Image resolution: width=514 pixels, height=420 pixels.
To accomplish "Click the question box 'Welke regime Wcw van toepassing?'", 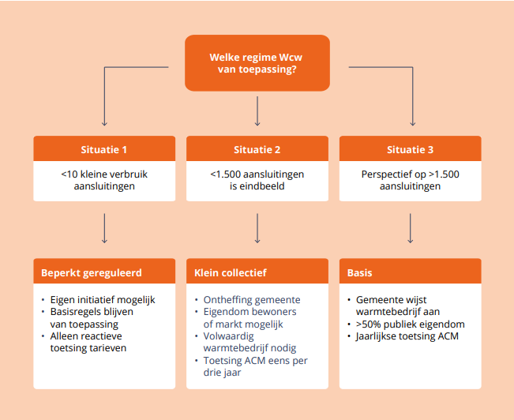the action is [257, 63].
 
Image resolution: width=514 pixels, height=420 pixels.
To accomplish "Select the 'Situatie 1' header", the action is [104, 148].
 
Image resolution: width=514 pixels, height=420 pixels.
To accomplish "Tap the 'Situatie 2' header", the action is [257, 148].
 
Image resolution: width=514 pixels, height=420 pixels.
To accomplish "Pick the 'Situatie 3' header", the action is [411, 148].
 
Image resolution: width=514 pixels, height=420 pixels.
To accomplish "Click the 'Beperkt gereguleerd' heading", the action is [92, 273].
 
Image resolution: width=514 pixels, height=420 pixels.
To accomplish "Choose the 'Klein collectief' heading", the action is [231, 273].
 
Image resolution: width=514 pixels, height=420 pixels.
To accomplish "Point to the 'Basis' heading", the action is [359, 273].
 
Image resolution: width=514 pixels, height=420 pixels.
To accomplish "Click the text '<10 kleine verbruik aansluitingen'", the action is [104, 180].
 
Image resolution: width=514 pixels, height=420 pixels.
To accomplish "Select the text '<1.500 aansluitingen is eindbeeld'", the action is [257, 180].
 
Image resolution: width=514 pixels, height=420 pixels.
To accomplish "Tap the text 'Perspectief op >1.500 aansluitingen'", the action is [411, 180].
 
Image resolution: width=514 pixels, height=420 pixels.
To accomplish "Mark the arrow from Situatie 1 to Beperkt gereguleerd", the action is [104, 228].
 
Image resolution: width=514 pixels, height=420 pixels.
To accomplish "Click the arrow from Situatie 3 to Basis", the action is [410, 228].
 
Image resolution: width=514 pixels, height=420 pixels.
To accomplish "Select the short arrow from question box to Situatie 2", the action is [257, 111].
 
